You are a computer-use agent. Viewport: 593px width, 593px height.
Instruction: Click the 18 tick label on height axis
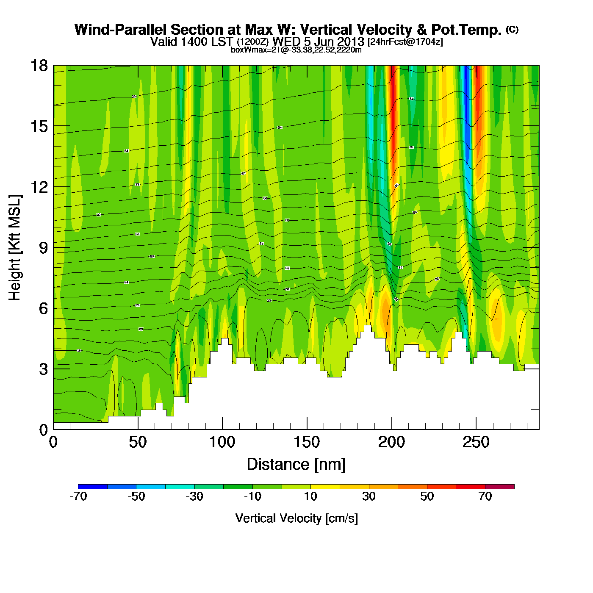[39, 66]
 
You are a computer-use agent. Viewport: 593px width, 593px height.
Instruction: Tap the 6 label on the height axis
[43, 308]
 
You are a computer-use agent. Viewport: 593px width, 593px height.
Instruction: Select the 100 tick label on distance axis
[222, 442]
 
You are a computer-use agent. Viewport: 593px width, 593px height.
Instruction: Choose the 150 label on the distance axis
[307, 442]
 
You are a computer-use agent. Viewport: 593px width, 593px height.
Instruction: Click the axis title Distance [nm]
[296, 464]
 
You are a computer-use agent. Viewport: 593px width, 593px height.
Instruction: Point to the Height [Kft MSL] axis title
[15, 248]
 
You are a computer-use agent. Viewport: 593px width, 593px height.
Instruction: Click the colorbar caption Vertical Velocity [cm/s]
[296, 518]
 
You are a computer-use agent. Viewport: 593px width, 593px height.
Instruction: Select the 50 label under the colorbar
[427, 496]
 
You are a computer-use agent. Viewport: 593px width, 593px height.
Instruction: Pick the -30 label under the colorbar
[194, 496]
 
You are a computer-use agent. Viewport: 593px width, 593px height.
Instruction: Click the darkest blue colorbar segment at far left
[93, 486]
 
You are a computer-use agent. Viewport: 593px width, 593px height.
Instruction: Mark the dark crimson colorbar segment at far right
[499, 486]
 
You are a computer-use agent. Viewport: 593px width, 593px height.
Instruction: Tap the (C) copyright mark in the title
[512, 29]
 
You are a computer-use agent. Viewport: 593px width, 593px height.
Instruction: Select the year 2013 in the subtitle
[351, 42]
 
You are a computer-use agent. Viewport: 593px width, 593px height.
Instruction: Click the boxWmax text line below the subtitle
[296, 50]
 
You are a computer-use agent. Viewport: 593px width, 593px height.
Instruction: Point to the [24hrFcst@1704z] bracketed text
[405, 42]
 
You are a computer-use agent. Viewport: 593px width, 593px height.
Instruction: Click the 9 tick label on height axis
[43, 248]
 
